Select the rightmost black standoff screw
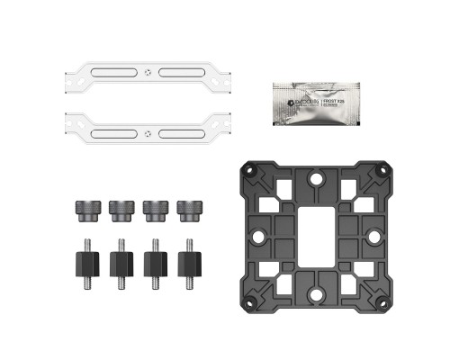[x=189, y=260]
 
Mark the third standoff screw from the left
[x=154, y=260]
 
